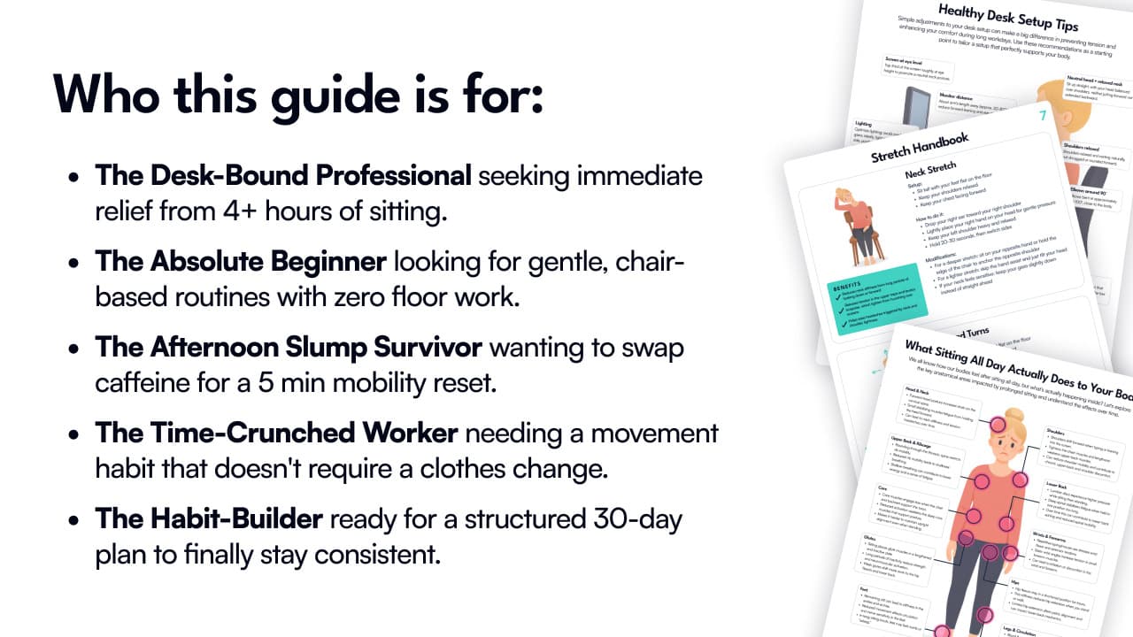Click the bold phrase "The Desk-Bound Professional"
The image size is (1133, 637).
[x=283, y=175]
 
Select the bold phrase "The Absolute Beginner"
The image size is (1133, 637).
[x=241, y=261]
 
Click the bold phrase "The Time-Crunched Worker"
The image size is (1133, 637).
[x=277, y=434]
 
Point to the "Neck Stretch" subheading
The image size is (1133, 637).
[x=929, y=173]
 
